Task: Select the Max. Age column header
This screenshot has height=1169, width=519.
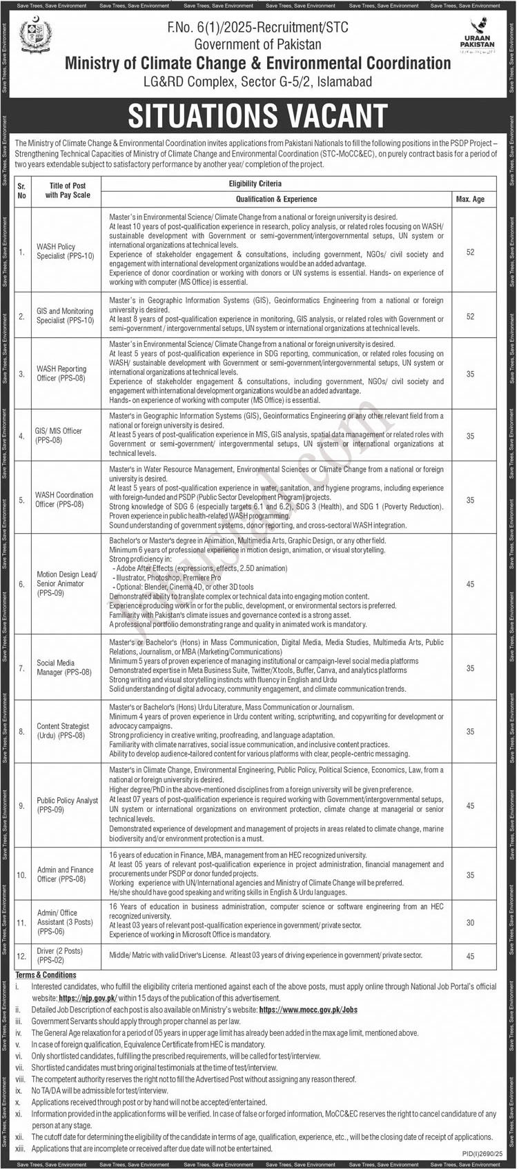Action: coord(470,199)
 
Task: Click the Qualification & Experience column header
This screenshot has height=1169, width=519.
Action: coord(276,199)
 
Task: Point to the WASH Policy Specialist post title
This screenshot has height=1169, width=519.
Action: coord(65,251)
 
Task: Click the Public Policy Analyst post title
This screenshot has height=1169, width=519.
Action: coord(68,805)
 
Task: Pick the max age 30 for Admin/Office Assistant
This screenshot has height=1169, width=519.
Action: coord(470,922)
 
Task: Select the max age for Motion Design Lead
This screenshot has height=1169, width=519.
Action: coord(470,584)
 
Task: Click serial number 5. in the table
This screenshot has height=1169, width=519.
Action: coord(21,499)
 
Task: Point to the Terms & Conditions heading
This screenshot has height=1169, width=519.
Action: coord(46,975)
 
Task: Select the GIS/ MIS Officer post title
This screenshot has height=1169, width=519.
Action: coord(59,435)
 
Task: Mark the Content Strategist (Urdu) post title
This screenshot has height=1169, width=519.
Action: coord(63,730)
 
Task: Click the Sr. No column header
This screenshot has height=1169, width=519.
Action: coord(21,191)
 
